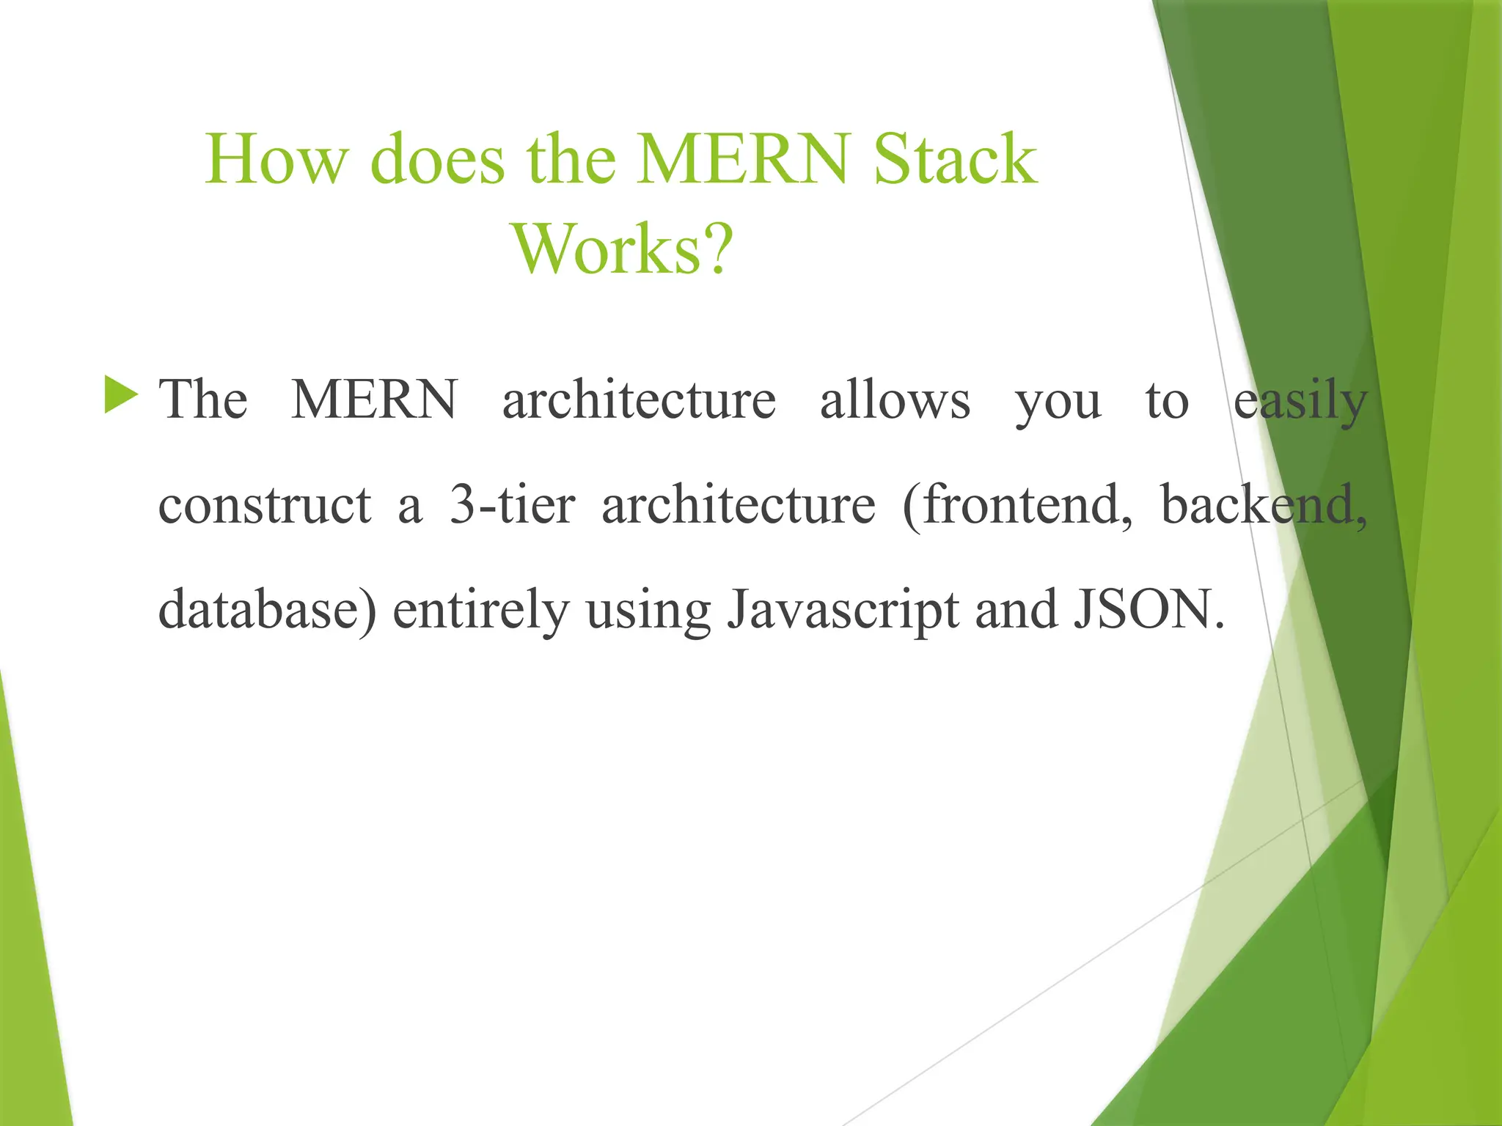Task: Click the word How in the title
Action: tap(276, 159)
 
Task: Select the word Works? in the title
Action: tap(623, 249)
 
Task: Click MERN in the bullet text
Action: tap(374, 400)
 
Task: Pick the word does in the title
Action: tap(437, 159)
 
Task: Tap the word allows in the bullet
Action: tap(895, 400)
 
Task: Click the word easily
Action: tap(1300, 402)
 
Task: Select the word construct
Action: tap(265, 506)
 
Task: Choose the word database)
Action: tap(268, 610)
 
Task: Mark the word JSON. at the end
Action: tap(1149, 610)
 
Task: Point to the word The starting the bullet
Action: tap(203, 400)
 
